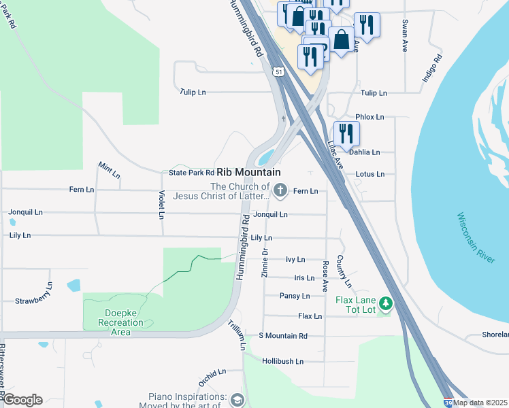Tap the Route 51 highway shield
pos(279,71)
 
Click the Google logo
pos(22,400)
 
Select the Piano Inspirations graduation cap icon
pos(236,399)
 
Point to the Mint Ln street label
pos(109,170)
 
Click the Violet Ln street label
pos(161,205)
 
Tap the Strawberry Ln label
pos(34,300)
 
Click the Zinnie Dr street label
pos(265,262)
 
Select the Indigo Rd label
pos(431,67)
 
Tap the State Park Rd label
pos(191,173)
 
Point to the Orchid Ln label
pos(212,373)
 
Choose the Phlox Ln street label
pos(370,117)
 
